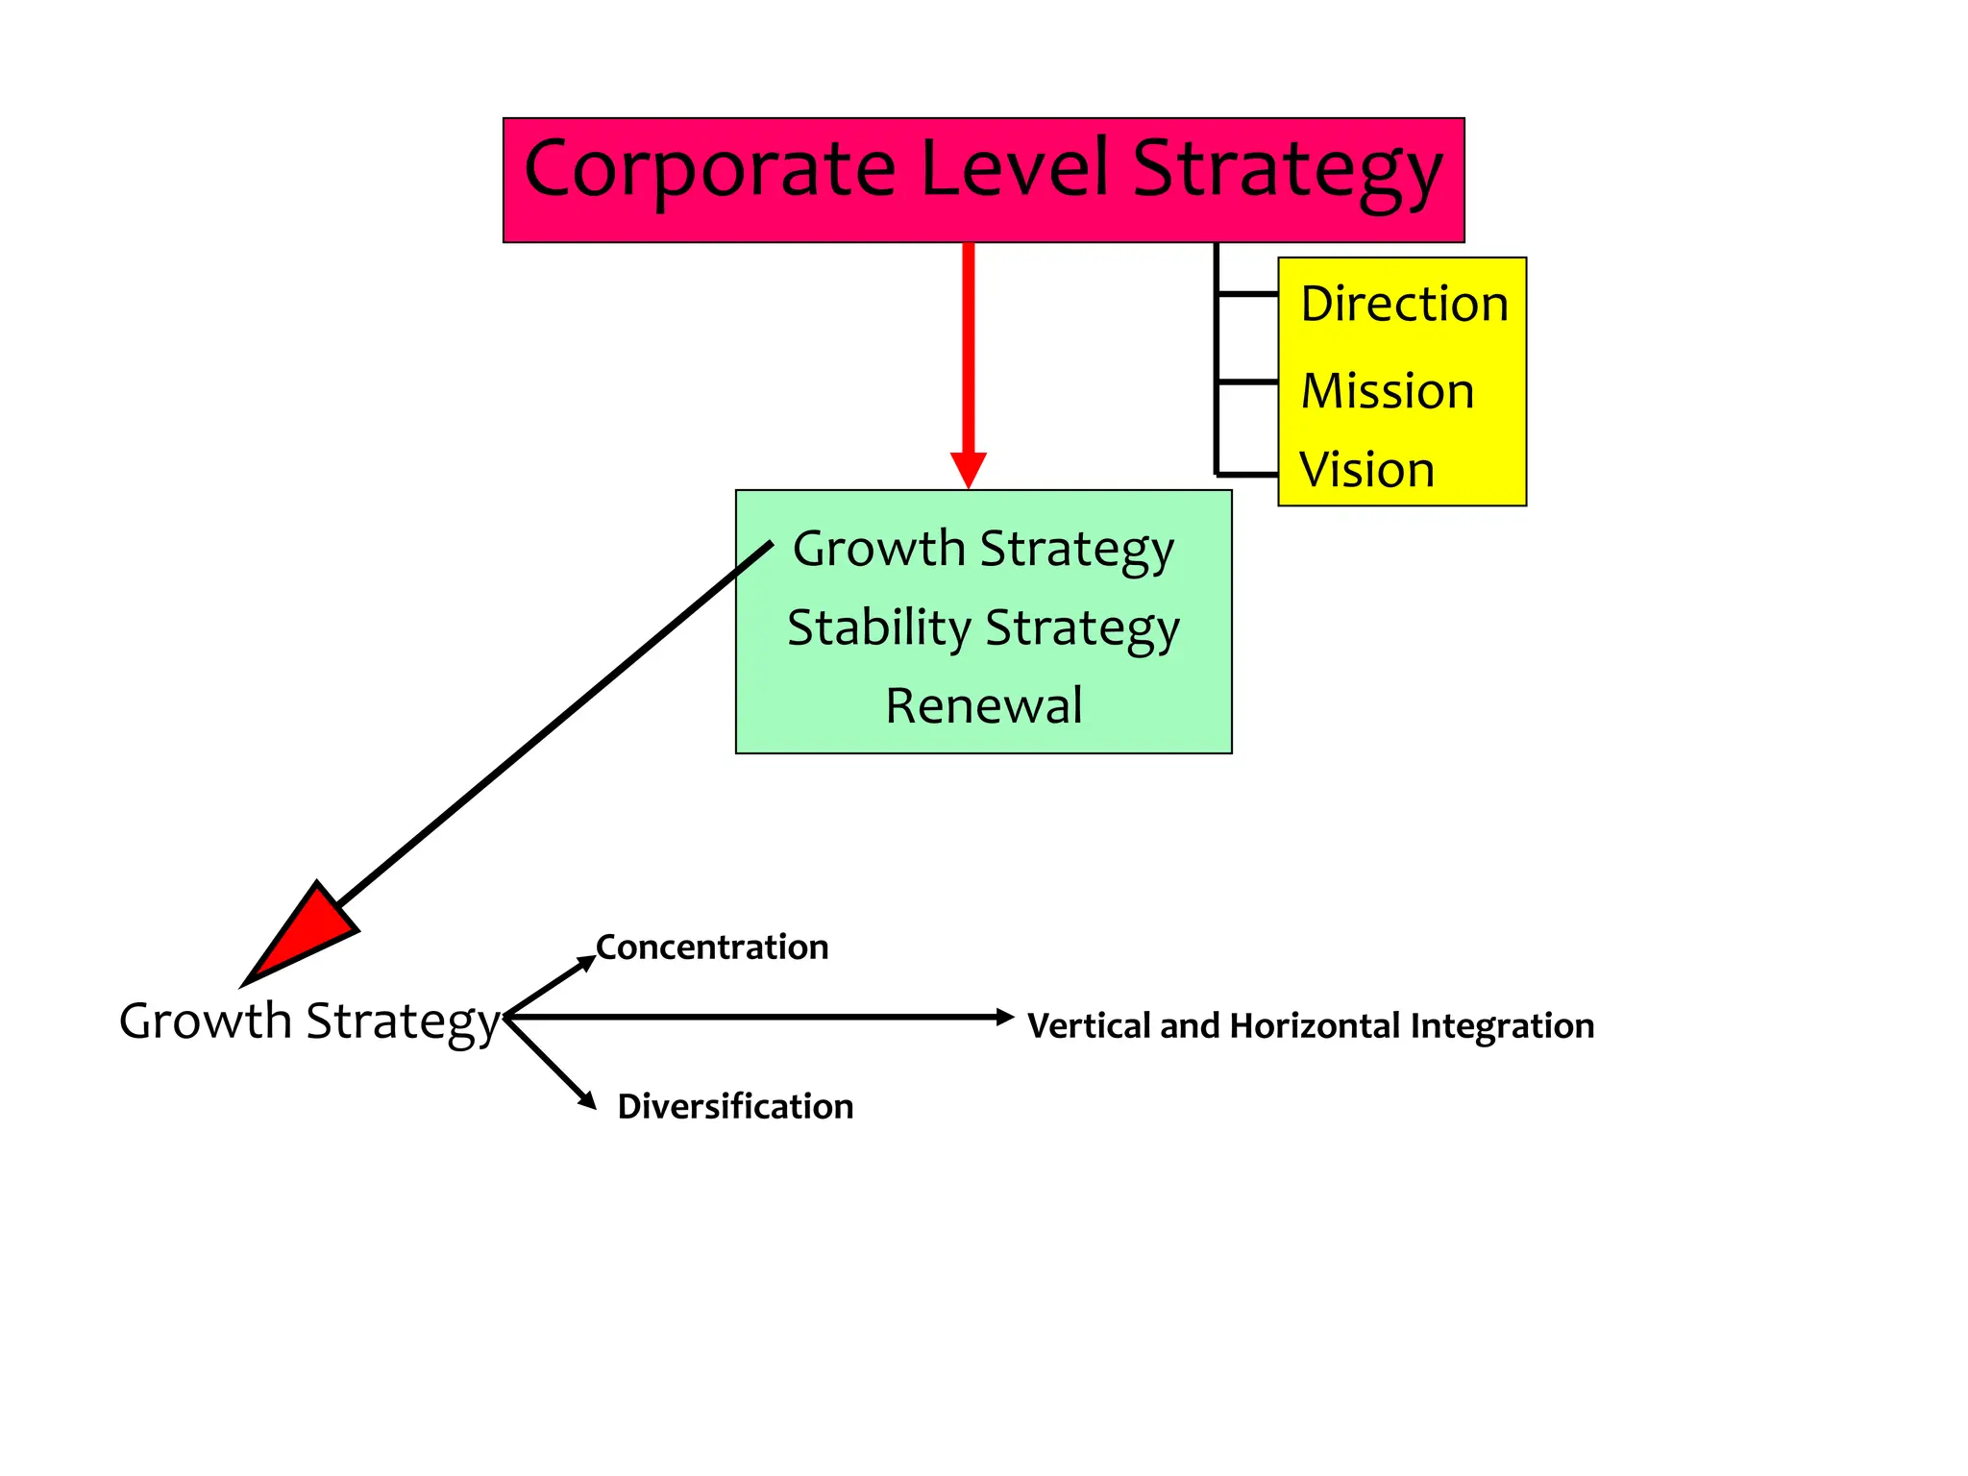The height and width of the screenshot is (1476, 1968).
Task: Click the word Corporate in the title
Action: (x=709, y=169)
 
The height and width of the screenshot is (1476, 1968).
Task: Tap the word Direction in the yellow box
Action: (x=1403, y=304)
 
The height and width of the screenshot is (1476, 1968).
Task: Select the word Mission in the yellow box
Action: (x=1387, y=391)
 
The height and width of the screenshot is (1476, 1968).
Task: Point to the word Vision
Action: (x=1366, y=470)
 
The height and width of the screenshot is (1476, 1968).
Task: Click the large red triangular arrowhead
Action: (x=303, y=933)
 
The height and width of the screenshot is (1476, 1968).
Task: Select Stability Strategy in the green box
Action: (x=983, y=627)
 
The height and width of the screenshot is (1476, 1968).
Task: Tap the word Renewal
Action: (x=983, y=705)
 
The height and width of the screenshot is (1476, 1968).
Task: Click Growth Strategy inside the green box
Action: (x=983, y=549)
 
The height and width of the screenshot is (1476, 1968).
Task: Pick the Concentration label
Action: (x=712, y=947)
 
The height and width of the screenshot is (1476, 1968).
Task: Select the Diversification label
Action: (x=735, y=1106)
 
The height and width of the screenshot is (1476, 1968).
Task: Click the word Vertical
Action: (x=1089, y=1026)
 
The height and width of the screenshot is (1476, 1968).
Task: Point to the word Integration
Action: (x=1502, y=1026)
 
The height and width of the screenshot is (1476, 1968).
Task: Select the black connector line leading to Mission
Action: (x=1247, y=382)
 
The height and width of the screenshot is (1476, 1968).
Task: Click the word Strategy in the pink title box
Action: (x=1287, y=169)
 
